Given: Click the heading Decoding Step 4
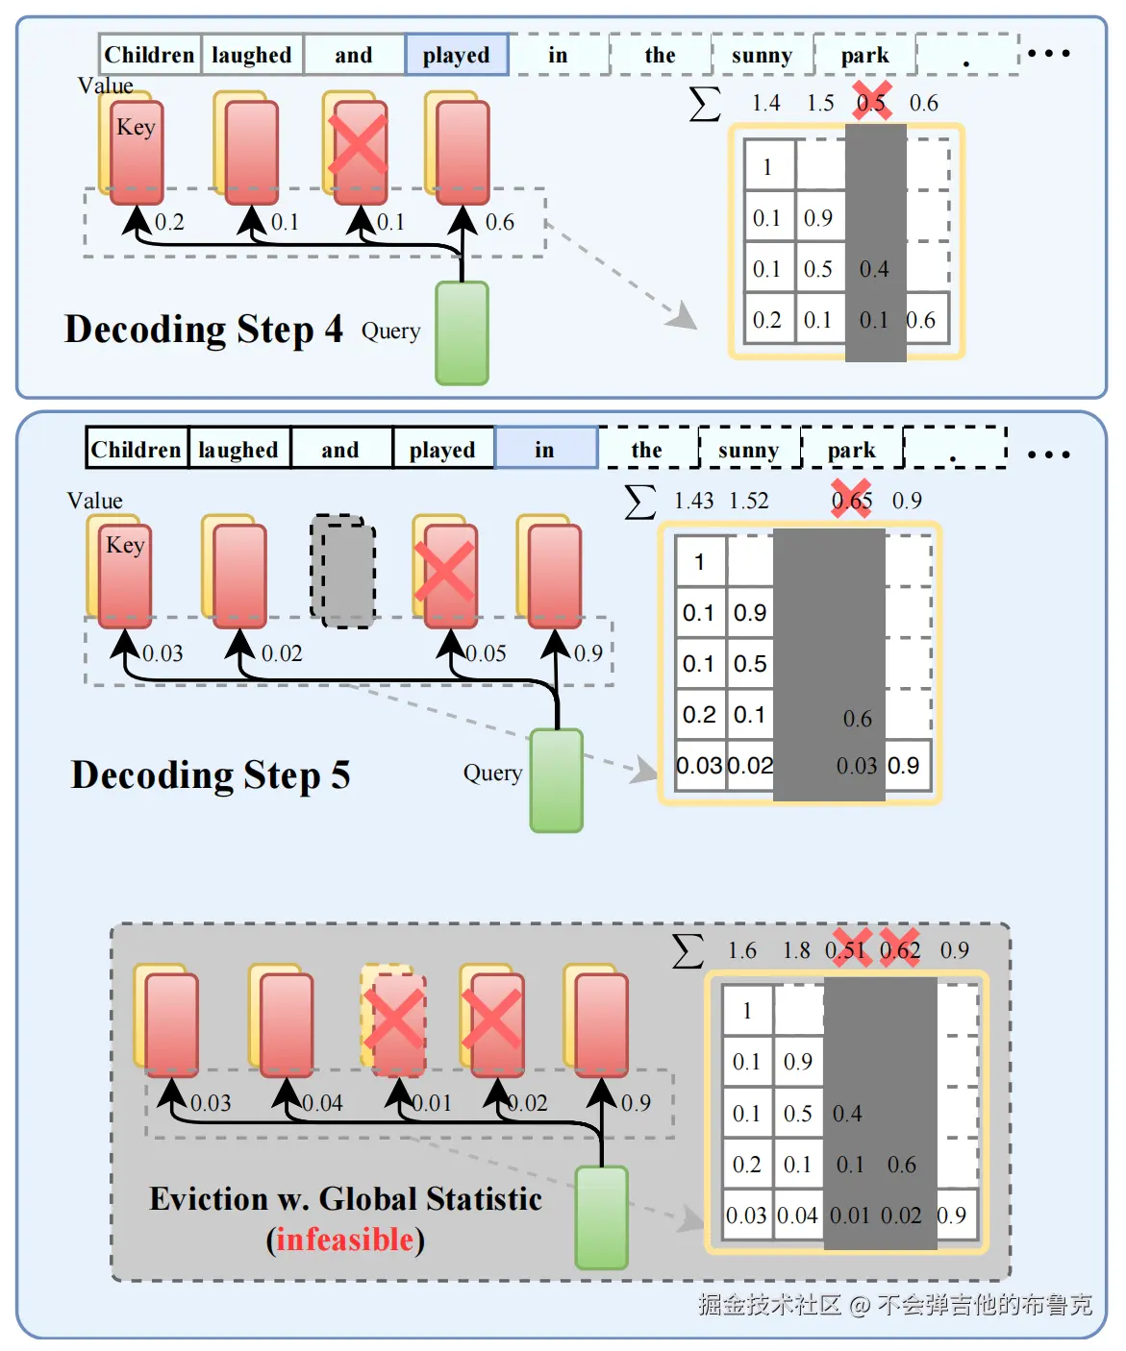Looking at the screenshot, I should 203,329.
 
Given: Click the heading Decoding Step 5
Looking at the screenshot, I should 211,774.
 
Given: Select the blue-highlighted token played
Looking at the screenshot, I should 457,56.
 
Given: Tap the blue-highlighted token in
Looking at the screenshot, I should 545,450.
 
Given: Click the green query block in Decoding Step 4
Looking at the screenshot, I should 463,332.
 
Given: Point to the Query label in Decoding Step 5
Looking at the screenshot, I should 492,773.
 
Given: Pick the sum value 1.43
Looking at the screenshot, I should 693,501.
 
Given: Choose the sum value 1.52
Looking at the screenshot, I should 749,501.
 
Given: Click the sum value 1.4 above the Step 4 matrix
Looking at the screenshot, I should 766,103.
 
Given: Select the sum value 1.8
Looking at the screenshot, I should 796,950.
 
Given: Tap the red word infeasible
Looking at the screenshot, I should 345,1240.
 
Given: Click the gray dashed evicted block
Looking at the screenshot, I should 343,572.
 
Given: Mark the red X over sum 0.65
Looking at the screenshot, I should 852,500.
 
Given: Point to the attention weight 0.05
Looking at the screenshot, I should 487,653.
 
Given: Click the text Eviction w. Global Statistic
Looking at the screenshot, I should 345,1199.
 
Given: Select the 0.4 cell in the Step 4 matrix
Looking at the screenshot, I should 874,269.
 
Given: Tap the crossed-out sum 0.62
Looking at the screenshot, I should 900,950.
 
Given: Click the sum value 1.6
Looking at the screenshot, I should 742,950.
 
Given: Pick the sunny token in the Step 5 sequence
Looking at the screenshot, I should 749,450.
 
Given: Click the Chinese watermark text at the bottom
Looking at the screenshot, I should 895,1304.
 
